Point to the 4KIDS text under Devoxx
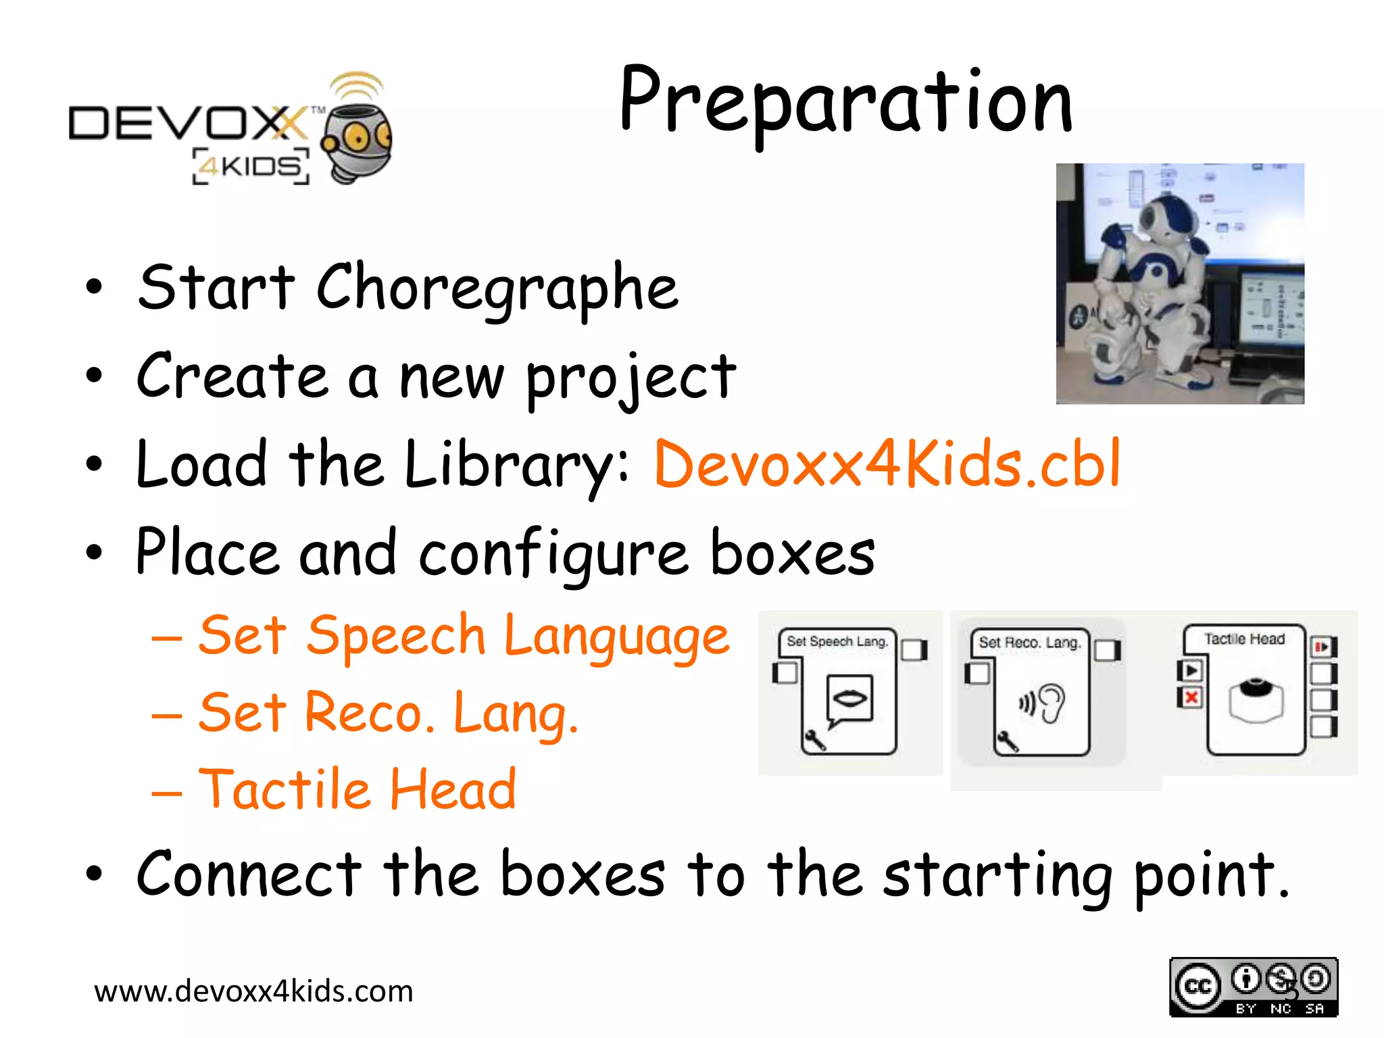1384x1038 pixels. [251, 166]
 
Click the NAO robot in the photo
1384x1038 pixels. [1149, 284]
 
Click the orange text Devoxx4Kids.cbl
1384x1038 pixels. [887, 465]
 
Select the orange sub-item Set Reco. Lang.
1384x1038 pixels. [389, 713]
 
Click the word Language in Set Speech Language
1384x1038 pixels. [616, 637]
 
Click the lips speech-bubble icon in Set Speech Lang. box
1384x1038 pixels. [849, 699]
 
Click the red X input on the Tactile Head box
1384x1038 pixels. [1191, 697]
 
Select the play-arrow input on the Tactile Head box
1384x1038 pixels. [1191, 670]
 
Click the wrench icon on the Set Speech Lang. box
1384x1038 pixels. [814, 740]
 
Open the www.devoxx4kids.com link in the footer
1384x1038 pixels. [253, 991]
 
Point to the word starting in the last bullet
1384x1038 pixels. [997, 876]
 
